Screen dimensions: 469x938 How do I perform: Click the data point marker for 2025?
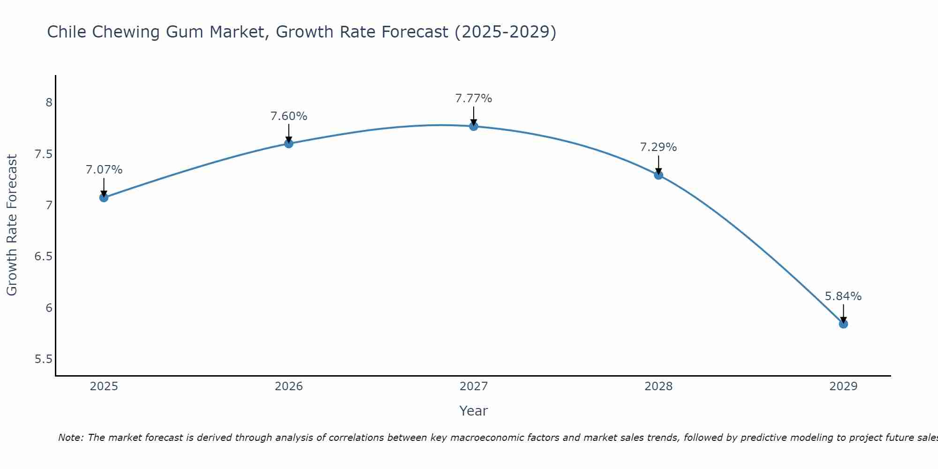[x=104, y=197]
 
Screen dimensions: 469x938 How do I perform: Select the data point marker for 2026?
[x=288, y=144]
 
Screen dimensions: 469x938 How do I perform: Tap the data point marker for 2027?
[x=473, y=126]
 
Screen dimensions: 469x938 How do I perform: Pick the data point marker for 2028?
[x=658, y=175]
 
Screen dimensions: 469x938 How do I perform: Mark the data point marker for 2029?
[x=843, y=324]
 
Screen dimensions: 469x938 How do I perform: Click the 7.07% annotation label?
[x=104, y=170]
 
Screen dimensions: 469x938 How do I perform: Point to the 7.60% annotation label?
[x=288, y=116]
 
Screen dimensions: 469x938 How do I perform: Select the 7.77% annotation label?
[x=473, y=98]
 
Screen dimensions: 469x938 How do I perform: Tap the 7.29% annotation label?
[x=658, y=147]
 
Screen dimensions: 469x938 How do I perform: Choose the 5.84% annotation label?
[x=843, y=296]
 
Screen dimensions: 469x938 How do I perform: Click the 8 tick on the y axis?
[x=49, y=102]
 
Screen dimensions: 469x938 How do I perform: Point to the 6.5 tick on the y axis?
[x=43, y=257]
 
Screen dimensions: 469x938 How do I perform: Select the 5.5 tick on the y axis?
[x=43, y=359]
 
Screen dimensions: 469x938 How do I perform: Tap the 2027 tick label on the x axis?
[x=473, y=386]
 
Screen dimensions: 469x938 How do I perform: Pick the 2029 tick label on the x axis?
[x=843, y=386]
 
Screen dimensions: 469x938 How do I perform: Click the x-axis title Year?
[x=473, y=411]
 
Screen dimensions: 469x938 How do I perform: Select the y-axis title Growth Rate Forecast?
[x=12, y=225]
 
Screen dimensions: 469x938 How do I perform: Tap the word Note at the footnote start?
[x=70, y=438]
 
